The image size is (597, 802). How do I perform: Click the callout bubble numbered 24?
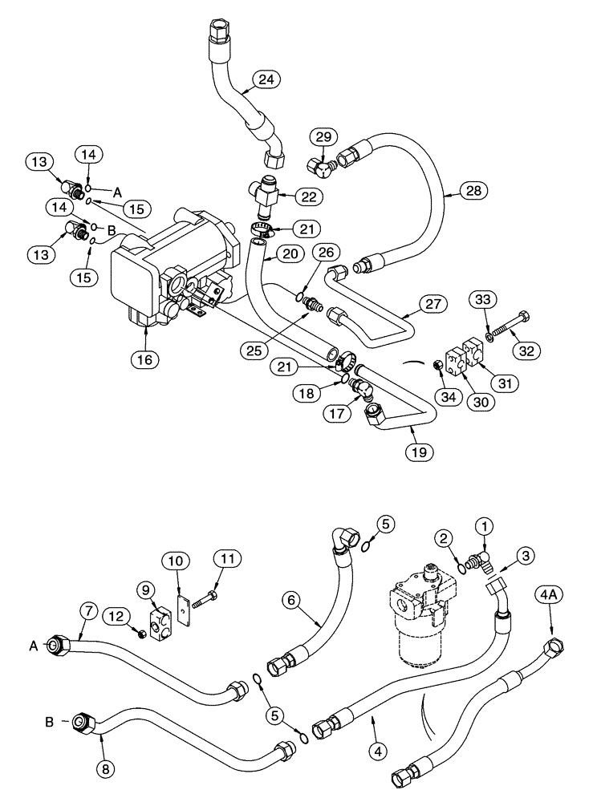tap(266, 79)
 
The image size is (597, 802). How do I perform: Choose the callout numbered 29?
tap(323, 137)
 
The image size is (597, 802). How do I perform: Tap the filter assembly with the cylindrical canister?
tap(420, 622)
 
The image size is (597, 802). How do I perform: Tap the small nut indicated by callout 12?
tap(140, 634)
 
